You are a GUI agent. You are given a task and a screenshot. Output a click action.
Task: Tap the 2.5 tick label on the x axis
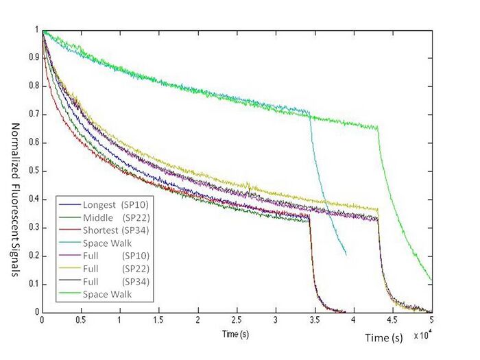(237, 320)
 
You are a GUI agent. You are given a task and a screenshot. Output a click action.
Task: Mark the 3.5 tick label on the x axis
(315, 320)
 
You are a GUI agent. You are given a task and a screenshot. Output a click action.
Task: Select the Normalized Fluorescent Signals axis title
(14, 200)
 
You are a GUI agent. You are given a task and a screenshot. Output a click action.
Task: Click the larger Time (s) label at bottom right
(383, 337)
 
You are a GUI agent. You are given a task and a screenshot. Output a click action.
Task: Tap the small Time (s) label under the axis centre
(236, 333)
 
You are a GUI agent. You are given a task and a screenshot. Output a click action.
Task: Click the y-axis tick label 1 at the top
(36, 30)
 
